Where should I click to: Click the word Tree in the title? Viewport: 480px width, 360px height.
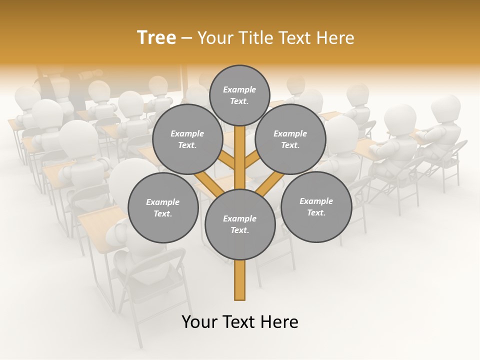coord(156,37)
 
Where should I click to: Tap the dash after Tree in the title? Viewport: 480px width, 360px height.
coord(186,38)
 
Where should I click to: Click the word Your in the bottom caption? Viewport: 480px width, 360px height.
coord(200,322)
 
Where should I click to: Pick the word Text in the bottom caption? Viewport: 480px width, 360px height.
coord(239,322)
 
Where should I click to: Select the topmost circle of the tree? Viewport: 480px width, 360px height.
coord(239,95)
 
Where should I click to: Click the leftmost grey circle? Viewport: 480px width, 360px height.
coord(163,208)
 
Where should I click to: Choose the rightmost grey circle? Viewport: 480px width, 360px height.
coord(316,206)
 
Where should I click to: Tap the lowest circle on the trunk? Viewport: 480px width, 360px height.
coord(240,224)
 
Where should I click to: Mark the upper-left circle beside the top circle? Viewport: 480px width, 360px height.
coord(187,139)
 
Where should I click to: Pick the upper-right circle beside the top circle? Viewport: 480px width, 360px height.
coord(290,139)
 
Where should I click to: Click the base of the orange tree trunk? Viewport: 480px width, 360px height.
coord(239,295)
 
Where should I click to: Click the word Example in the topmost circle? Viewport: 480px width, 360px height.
coord(239,89)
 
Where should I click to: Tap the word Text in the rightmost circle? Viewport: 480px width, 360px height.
coord(316,212)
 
